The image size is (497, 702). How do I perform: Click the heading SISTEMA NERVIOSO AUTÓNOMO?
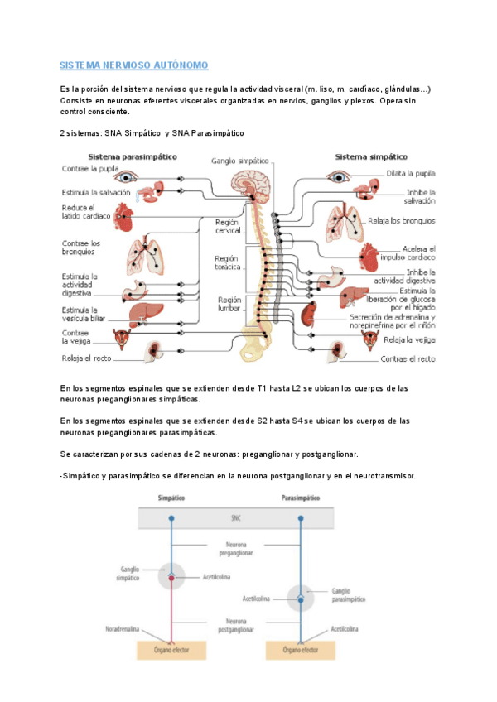point(133,65)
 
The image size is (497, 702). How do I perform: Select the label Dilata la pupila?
point(410,174)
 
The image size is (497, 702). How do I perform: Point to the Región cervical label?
point(228,228)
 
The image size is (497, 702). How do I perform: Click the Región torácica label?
point(228,263)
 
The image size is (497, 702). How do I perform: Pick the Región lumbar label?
point(229,304)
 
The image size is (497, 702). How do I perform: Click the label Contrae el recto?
point(408,359)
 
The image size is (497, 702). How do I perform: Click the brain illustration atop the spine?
point(248,184)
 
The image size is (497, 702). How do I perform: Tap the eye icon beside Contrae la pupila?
point(127,175)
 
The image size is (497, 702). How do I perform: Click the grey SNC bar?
point(237,518)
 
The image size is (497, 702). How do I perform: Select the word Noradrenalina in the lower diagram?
point(135,629)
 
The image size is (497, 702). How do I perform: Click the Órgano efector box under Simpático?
point(171,651)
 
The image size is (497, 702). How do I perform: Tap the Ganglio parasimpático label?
point(346,594)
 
